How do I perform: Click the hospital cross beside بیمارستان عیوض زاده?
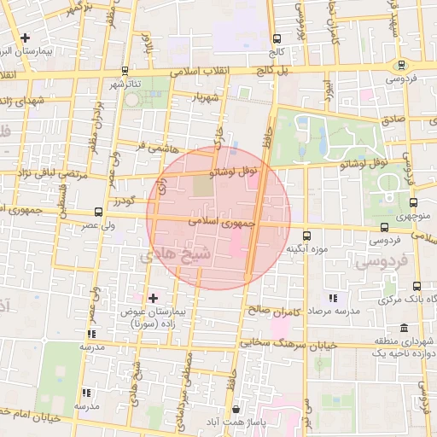pyautogui.click(x=153, y=298)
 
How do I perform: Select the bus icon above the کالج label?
pyautogui.click(x=276, y=38)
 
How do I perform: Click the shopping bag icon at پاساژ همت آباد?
pyautogui.click(x=236, y=409)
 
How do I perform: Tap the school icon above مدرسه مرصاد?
pyautogui.click(x=333, y=298)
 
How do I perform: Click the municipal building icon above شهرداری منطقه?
pyautogui.click(x=403, y=329)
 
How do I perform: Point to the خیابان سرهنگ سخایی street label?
pyautogui.click(x=288, y=343)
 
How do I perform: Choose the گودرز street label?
pyautogui.click(x=122, y=203)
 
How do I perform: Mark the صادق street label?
pyautogui.click(x=392, y=120)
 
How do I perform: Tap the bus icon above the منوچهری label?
pyautogui.click(x=414, y=203)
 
